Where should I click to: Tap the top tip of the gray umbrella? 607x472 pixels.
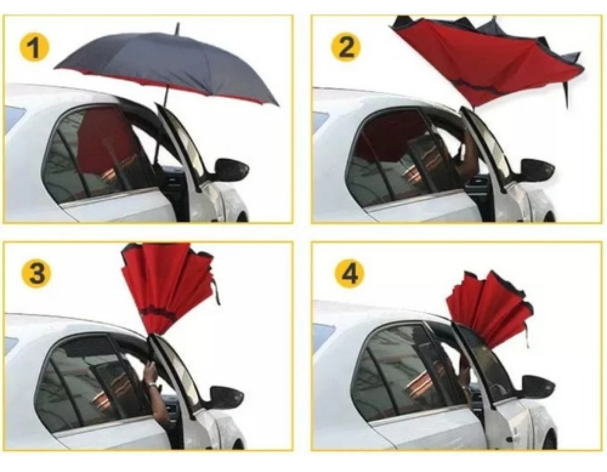[177, 24]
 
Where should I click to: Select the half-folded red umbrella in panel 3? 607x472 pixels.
[169, 287]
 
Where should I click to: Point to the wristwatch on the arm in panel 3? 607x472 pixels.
[152, 384]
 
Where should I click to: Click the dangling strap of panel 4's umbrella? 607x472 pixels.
[526, 335]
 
